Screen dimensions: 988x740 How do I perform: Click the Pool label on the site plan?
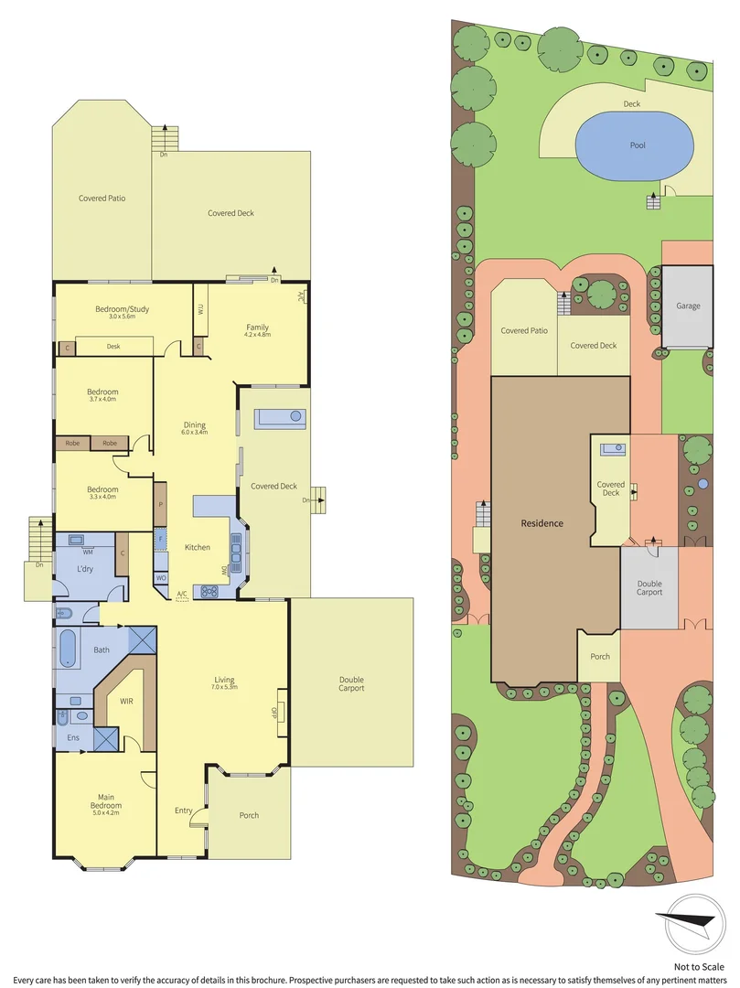point(638,146)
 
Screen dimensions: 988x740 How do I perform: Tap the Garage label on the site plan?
point(688,306)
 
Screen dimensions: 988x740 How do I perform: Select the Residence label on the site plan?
point(542,523)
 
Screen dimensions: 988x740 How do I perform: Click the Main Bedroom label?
point(105,804)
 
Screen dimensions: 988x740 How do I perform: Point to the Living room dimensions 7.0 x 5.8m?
point(225,687)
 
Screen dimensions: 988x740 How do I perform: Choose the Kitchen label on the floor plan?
point(198,547)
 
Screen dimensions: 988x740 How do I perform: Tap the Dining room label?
point(194,424)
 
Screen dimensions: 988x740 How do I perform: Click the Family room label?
point(258,327)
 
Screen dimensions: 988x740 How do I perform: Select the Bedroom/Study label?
point(122,309)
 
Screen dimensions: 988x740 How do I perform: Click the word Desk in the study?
point(113,347)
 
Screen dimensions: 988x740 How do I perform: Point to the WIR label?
point(127,702)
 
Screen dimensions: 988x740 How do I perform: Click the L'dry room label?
point(85,569)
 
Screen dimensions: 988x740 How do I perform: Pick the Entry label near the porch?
point(184,811)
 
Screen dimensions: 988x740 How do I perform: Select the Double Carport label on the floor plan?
point(351,683)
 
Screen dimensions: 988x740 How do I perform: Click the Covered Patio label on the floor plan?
point(102,198)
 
